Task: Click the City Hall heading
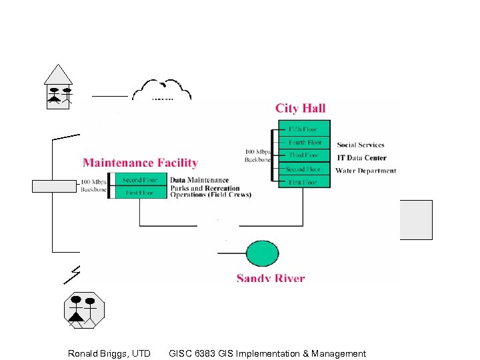[x=300, y=108]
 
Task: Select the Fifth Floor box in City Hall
[x=304, y=129]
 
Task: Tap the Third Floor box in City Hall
[x=304, y=155]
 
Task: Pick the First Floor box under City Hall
[x=304, y=182]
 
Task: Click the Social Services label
[x=361, y=145]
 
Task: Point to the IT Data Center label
[x=361, y=158]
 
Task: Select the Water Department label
[x=365, y=171]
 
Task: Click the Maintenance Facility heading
[x=140, y=163]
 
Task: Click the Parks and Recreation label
[x=205, y=188]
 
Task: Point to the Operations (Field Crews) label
[x=211, y=195]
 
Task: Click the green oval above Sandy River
[x=263, y=253]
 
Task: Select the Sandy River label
[x=271, y=278]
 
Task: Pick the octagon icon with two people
[x=84, y=310]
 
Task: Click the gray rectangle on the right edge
[x=416, y=219]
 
